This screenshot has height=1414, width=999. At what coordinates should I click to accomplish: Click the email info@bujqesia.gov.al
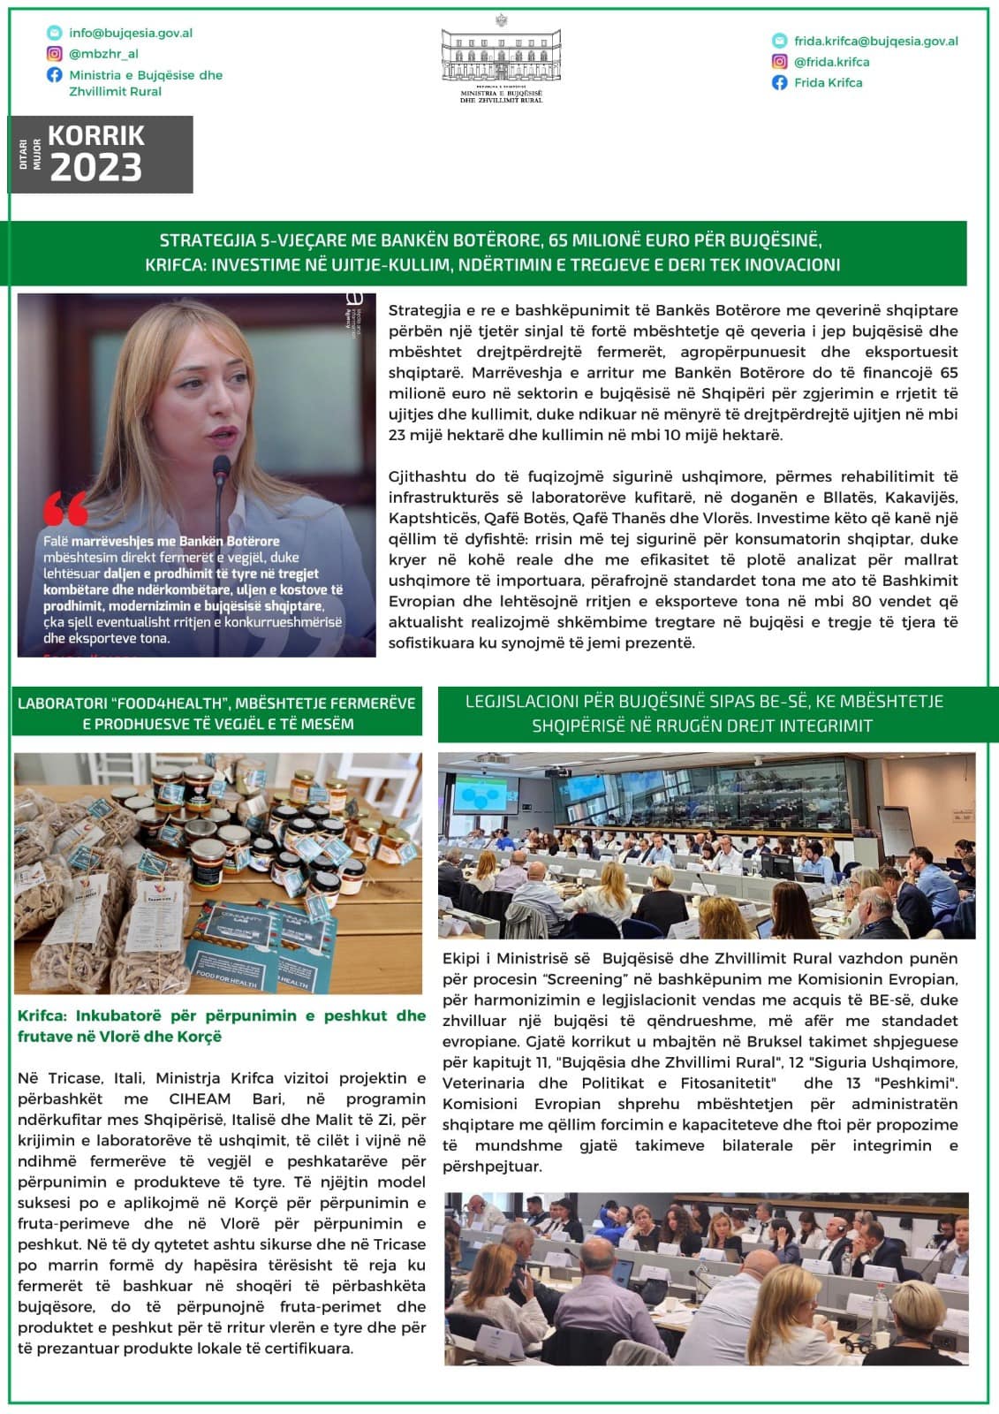coord(131,33)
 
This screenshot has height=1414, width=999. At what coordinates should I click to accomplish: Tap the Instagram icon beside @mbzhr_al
coord(55,54)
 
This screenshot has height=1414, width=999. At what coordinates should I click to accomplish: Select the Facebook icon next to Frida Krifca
coord(779,82)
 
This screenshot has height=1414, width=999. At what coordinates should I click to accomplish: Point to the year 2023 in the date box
coord(96,167)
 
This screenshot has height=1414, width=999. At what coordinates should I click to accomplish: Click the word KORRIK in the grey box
coord(96,135)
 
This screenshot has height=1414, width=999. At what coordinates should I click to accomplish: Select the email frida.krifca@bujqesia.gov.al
coord(875,41)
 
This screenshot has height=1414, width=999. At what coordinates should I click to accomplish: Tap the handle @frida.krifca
coord(831,62)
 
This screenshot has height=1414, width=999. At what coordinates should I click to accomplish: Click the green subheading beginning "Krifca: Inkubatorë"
coord(221,1026)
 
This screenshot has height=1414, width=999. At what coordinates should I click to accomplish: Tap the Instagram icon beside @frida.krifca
coord(779,62)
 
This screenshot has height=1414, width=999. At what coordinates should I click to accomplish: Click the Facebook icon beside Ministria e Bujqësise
coord(55,75)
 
